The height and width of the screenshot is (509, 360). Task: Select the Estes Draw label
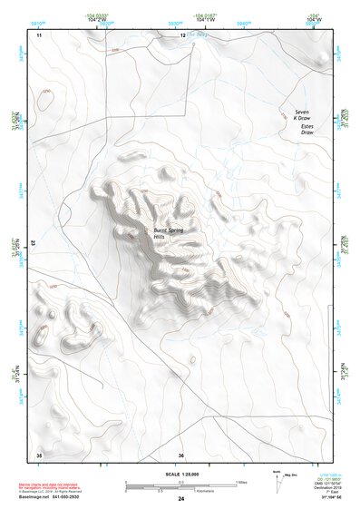[x=312, y=130]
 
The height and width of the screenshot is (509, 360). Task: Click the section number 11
[x=39, y=34]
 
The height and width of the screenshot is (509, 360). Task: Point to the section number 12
[x=182, y=34]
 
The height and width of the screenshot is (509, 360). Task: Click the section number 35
[x=38, y=454]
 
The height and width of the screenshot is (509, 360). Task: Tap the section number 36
[x=181, y=454]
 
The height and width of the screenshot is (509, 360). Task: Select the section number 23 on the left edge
[x=34, y=243]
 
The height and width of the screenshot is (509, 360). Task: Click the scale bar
[x=180, y=482]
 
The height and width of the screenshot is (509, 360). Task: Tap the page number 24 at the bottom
[x=181, y=499]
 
